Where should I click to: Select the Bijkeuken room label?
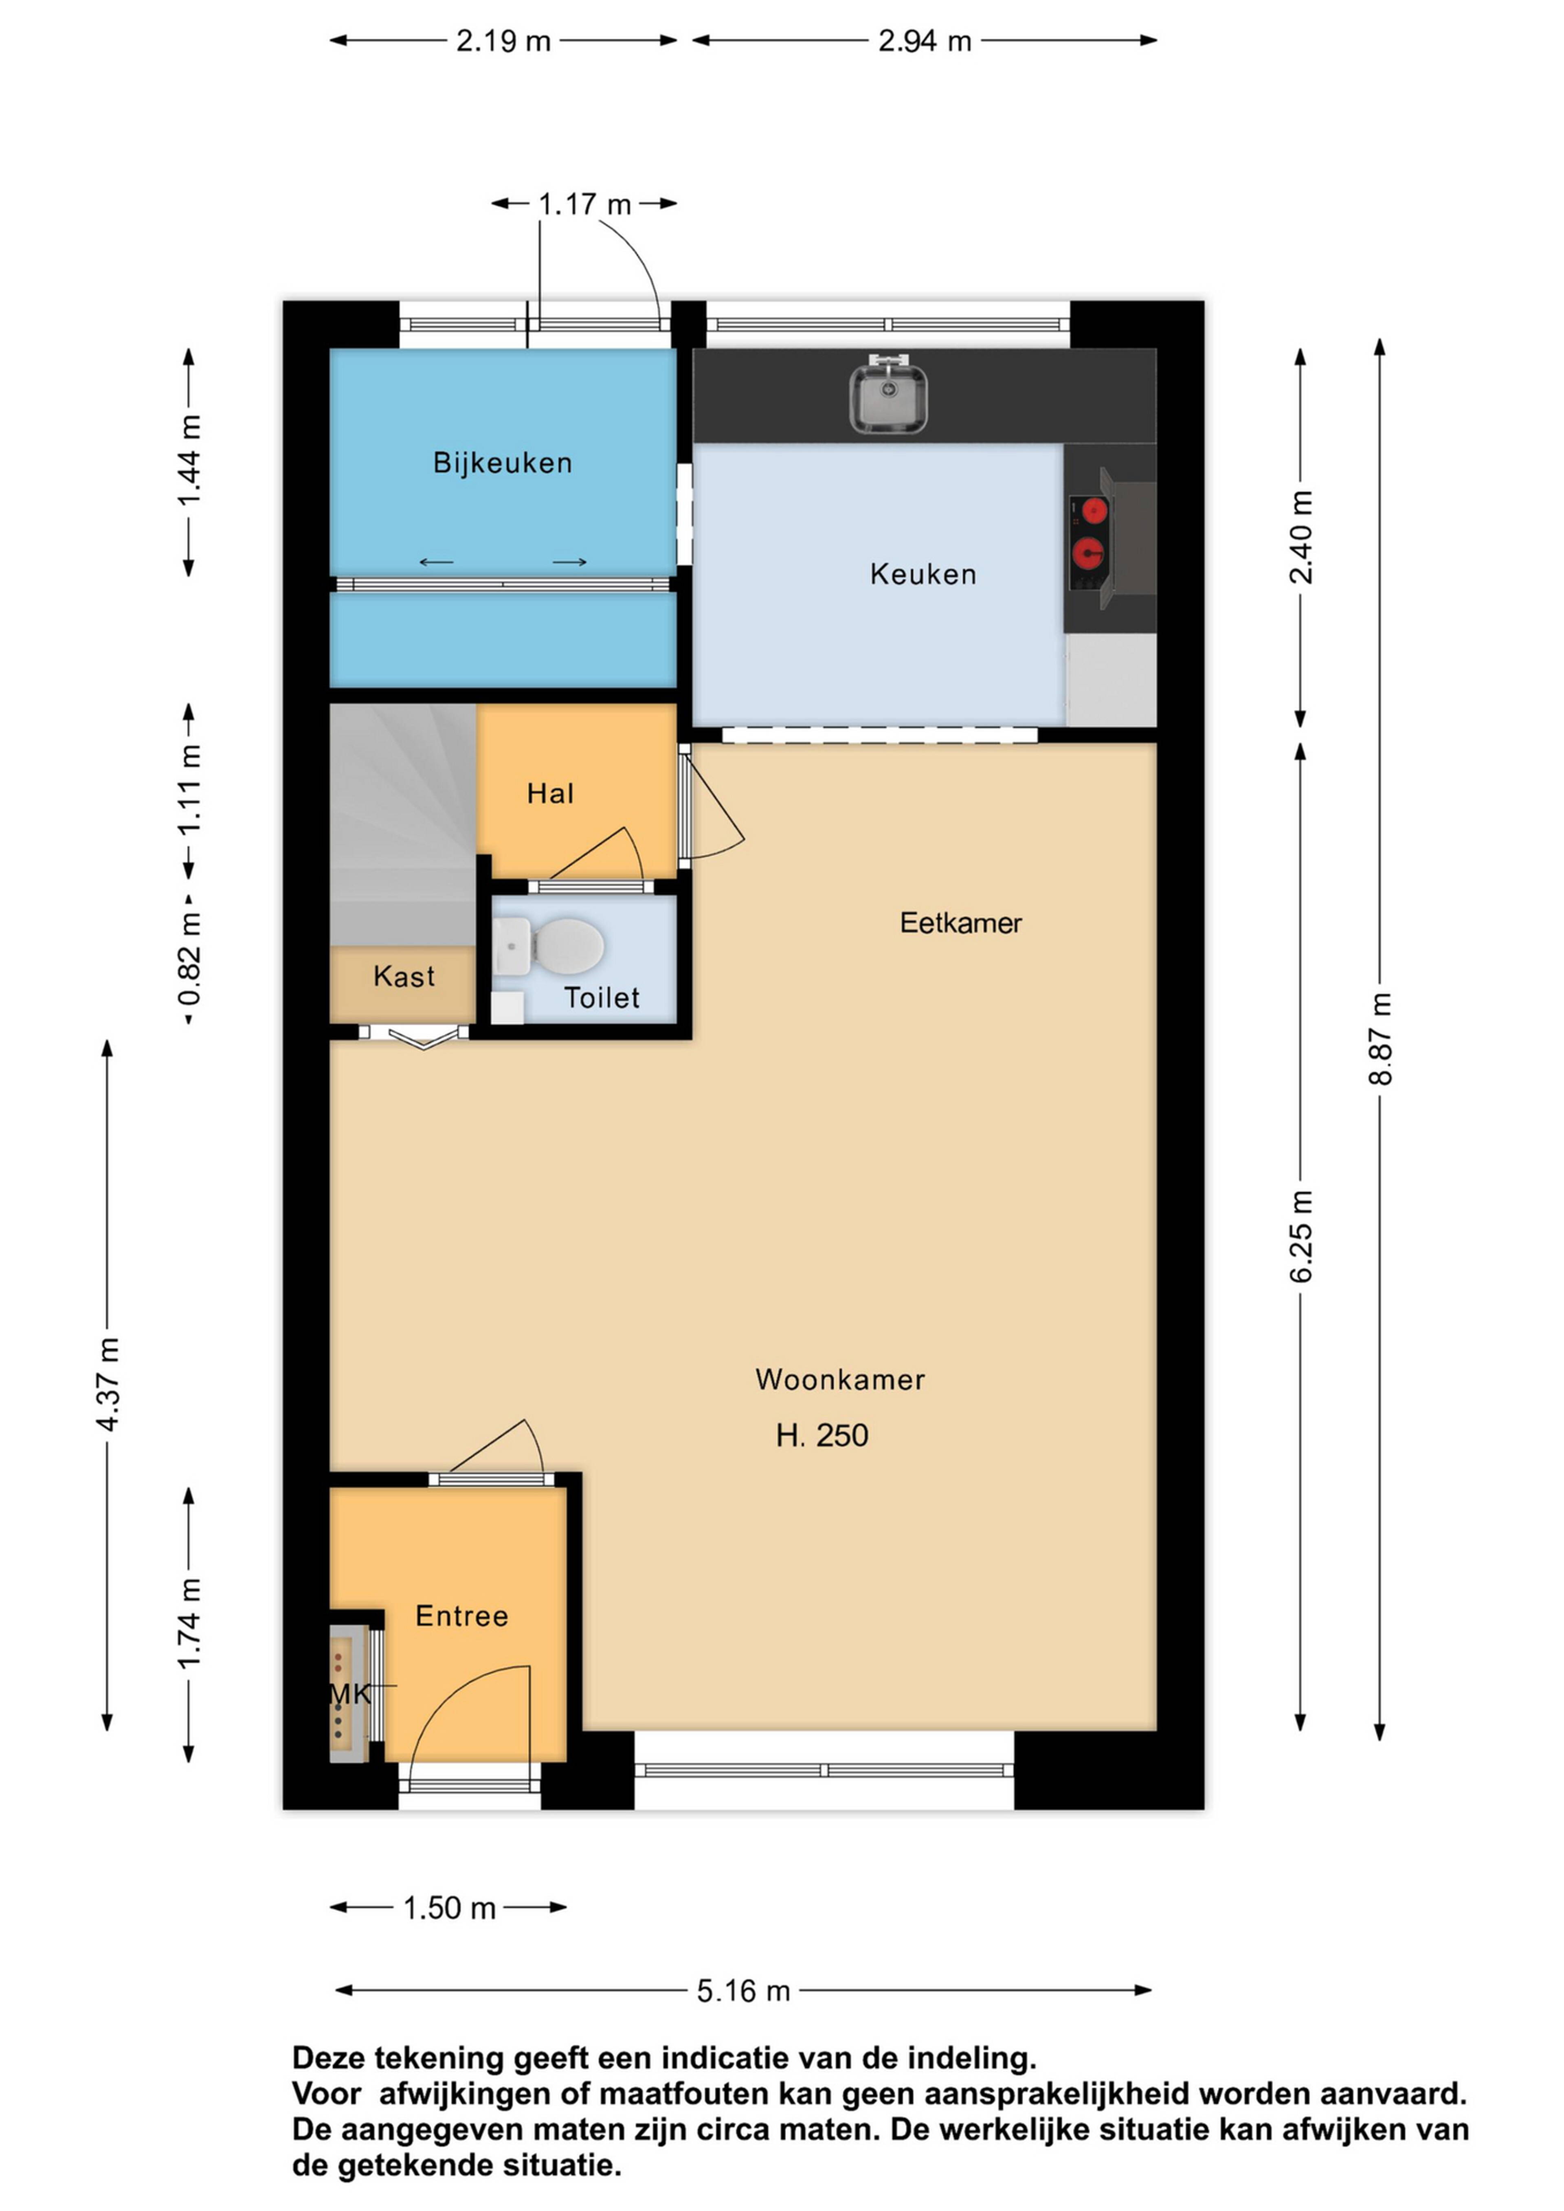point(503,463)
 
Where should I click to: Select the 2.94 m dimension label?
point(925,40)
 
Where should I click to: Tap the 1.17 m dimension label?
point(584,204)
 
